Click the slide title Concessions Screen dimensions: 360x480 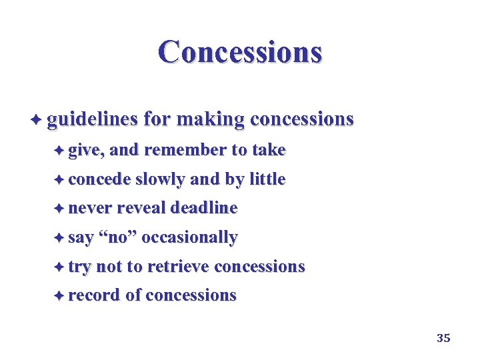pos(240,51)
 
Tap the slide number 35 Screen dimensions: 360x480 pos(443,338)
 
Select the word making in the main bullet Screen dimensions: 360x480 pos(209,119)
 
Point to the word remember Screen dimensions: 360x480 pos(185,150)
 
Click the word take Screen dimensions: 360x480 pos(268,150)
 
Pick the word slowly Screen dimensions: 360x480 pos(160,179)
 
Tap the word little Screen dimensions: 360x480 pos(267,179)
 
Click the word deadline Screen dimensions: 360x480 pos(203,208)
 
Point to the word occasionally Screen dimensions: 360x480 pos(190,237)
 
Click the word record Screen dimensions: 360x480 pos(95,295)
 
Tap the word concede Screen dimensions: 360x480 pos(99,179)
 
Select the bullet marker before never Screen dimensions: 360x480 pos(60,209)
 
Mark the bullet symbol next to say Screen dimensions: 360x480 pos(60,237)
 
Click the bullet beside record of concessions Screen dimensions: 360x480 pos(60,296)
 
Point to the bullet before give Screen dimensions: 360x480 pos(60,151)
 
